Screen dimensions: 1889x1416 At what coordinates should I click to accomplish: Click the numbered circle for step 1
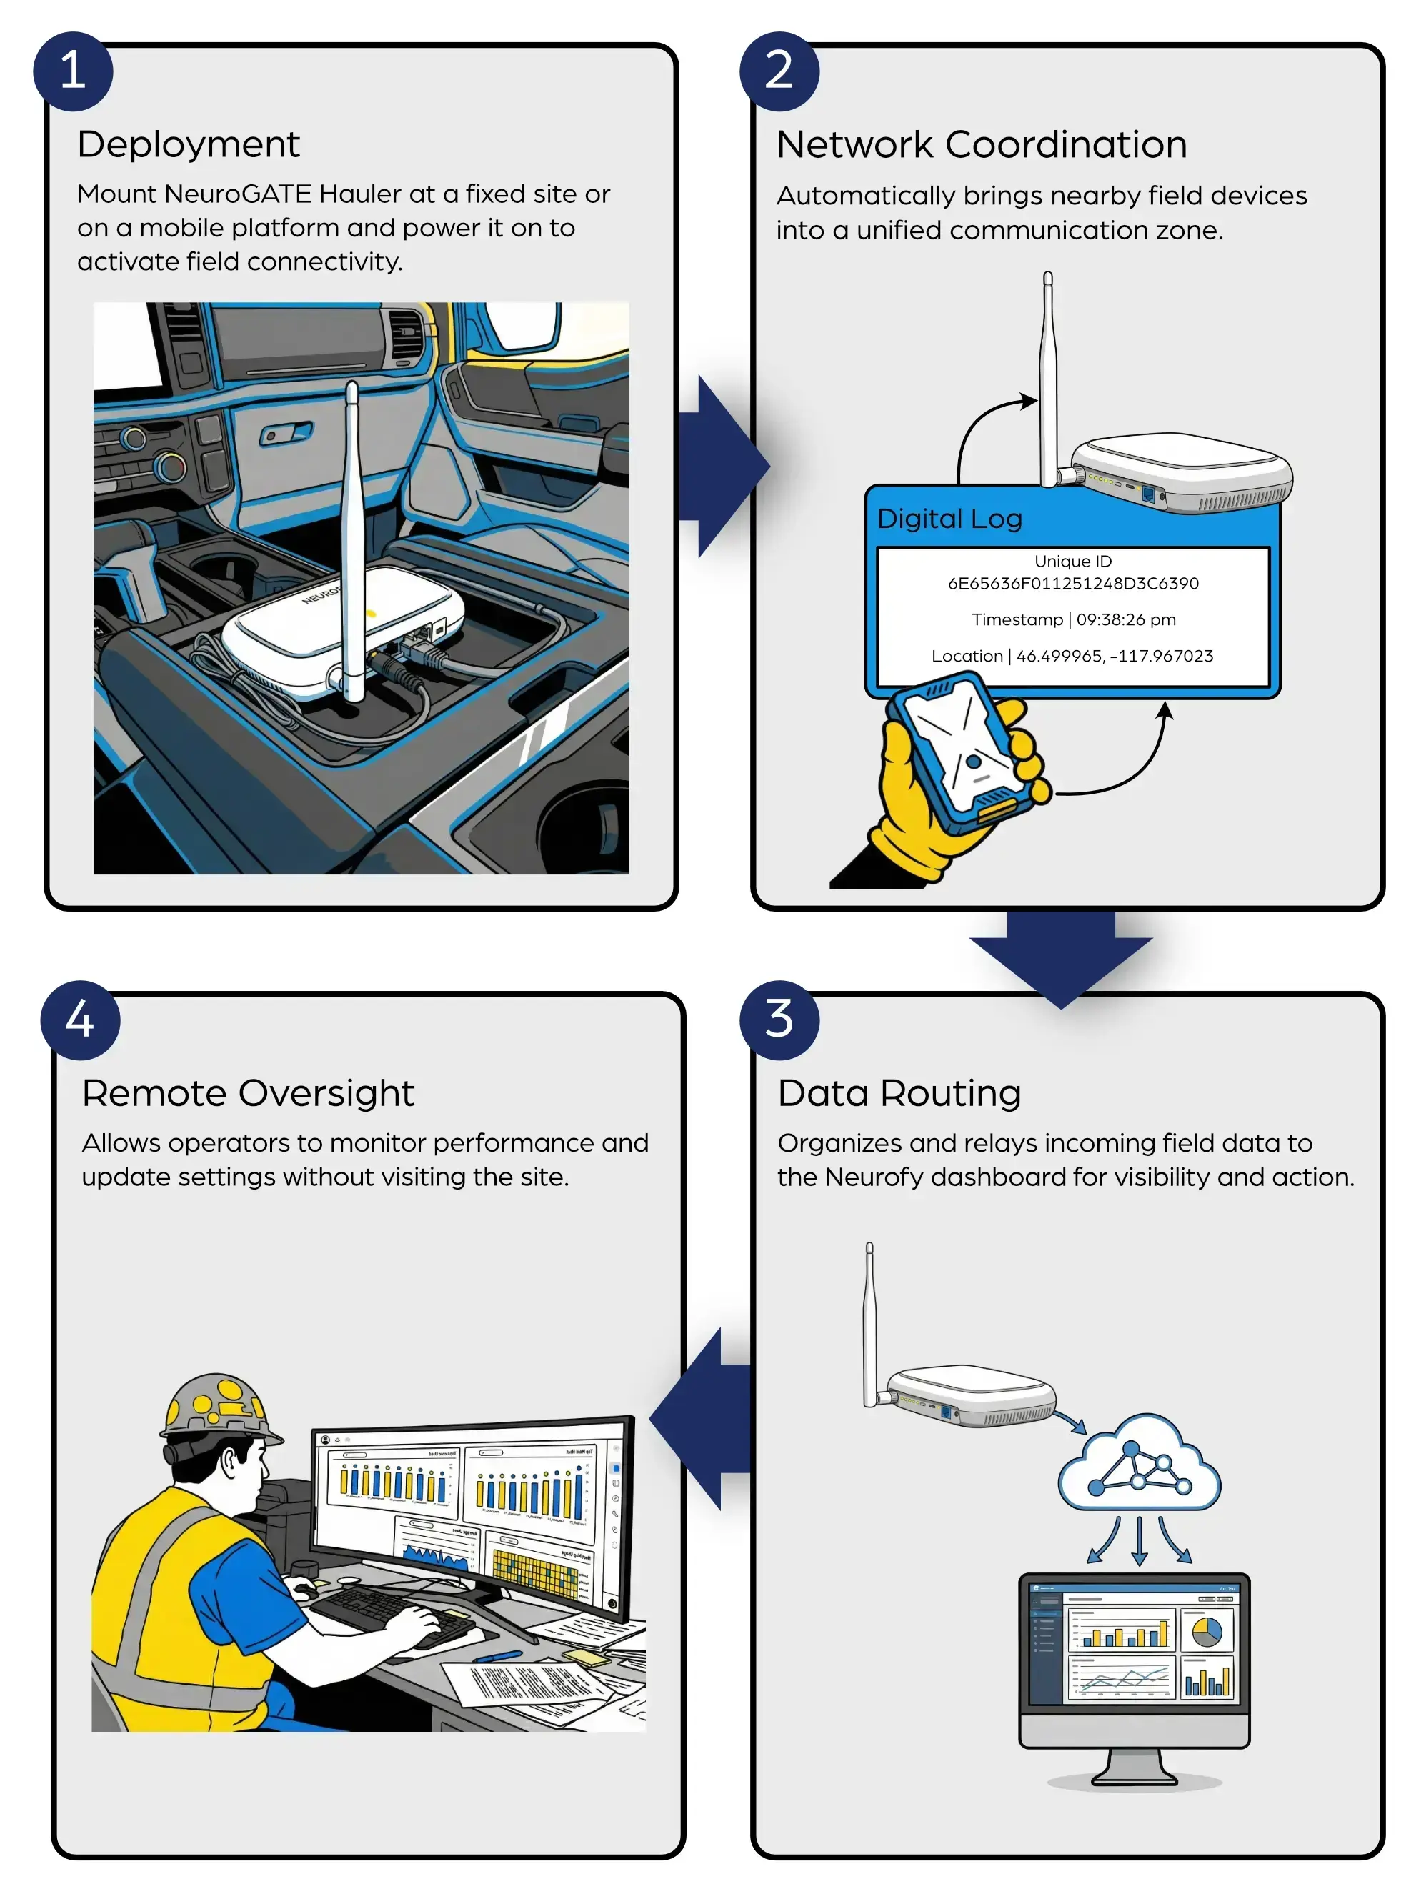click(73, 71)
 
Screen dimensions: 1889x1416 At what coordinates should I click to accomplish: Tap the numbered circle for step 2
click(779, 71)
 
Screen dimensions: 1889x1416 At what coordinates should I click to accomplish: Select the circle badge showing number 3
click(779, 1020)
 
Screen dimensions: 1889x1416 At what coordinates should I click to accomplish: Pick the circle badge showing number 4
click(79, 1020)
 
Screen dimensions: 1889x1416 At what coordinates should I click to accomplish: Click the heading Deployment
click(188, 144)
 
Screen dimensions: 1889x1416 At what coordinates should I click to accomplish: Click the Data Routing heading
click(899, 1093)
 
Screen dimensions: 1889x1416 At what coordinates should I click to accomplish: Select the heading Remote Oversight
click(248, 1093)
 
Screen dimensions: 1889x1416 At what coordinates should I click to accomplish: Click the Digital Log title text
click(949, 519)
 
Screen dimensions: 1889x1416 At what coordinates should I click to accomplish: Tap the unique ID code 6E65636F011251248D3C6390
click(1072, 583)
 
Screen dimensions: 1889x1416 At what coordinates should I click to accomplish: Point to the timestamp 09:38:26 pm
click(1126, 619)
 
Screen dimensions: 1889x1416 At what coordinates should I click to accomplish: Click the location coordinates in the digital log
click(1114, 656)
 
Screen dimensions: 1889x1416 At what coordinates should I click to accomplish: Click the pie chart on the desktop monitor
click(1205, 1631)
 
